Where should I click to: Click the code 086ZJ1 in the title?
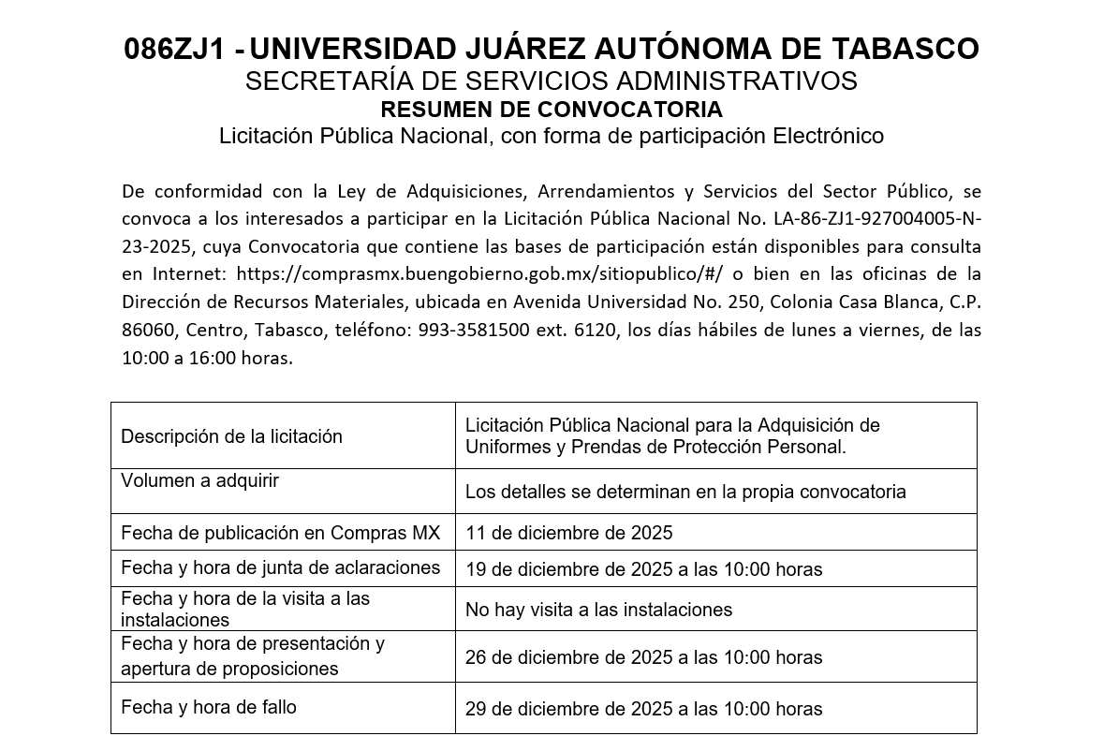(176, 49)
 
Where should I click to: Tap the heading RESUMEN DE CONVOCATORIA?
(552, 109)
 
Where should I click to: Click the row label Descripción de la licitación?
(231, 436)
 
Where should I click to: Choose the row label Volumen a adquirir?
(199, 480)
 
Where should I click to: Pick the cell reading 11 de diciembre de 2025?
(568, 533)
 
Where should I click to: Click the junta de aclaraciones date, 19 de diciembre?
(643, 569)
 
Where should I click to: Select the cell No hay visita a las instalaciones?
(598, 610)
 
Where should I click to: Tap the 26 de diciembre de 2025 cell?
(643, 657)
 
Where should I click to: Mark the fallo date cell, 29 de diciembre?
(643, 709)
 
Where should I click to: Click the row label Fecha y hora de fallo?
(208, 707)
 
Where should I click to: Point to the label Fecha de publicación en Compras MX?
(280, 533)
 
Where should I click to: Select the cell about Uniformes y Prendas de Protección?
(671, 436)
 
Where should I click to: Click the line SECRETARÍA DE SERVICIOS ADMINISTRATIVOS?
(551, 81)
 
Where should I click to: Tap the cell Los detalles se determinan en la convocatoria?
(684, 492)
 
